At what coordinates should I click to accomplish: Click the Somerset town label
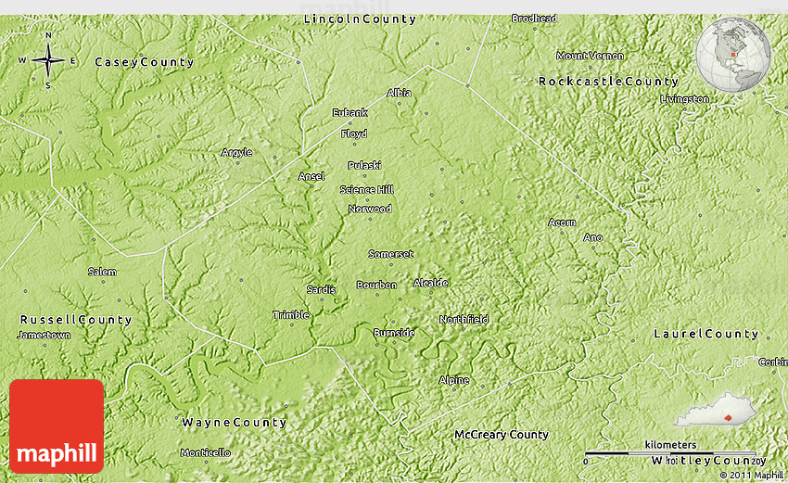390,253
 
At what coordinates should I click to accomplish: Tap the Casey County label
144,62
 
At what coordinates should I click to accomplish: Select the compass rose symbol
47,61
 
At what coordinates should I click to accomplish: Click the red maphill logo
57,426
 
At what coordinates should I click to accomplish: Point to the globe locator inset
732,56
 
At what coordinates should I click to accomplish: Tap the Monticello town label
205,452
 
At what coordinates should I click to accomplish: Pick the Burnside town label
394,332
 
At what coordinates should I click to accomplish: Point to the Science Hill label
366,190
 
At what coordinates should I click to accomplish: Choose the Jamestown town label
44,335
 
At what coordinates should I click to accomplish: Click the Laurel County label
705,334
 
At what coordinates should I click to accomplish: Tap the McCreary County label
501,434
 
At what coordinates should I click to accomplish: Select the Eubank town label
350,112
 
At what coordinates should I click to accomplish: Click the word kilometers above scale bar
670,445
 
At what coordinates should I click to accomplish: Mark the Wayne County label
234,422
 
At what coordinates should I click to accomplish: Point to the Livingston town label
684,98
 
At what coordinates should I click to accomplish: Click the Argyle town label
236,152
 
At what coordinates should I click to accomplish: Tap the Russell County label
76,319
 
